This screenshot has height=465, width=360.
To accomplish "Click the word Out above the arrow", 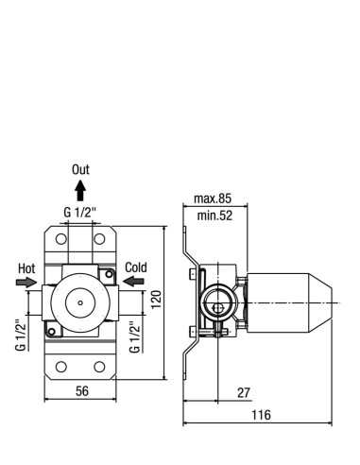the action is (80, 169).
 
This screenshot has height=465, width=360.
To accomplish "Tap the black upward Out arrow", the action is (80, 190).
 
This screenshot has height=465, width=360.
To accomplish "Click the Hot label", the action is (26, 268).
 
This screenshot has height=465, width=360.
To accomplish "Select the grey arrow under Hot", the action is (26, 282).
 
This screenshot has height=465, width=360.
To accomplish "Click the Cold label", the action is (136, 267).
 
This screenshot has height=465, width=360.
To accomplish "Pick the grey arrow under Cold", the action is (133, 281).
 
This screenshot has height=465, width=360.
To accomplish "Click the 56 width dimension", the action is (82, 391).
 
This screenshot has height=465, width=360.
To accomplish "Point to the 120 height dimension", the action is (157, 300).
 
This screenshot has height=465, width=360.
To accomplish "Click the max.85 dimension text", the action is (213, 198).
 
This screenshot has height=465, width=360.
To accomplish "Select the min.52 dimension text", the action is (214, 215).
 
